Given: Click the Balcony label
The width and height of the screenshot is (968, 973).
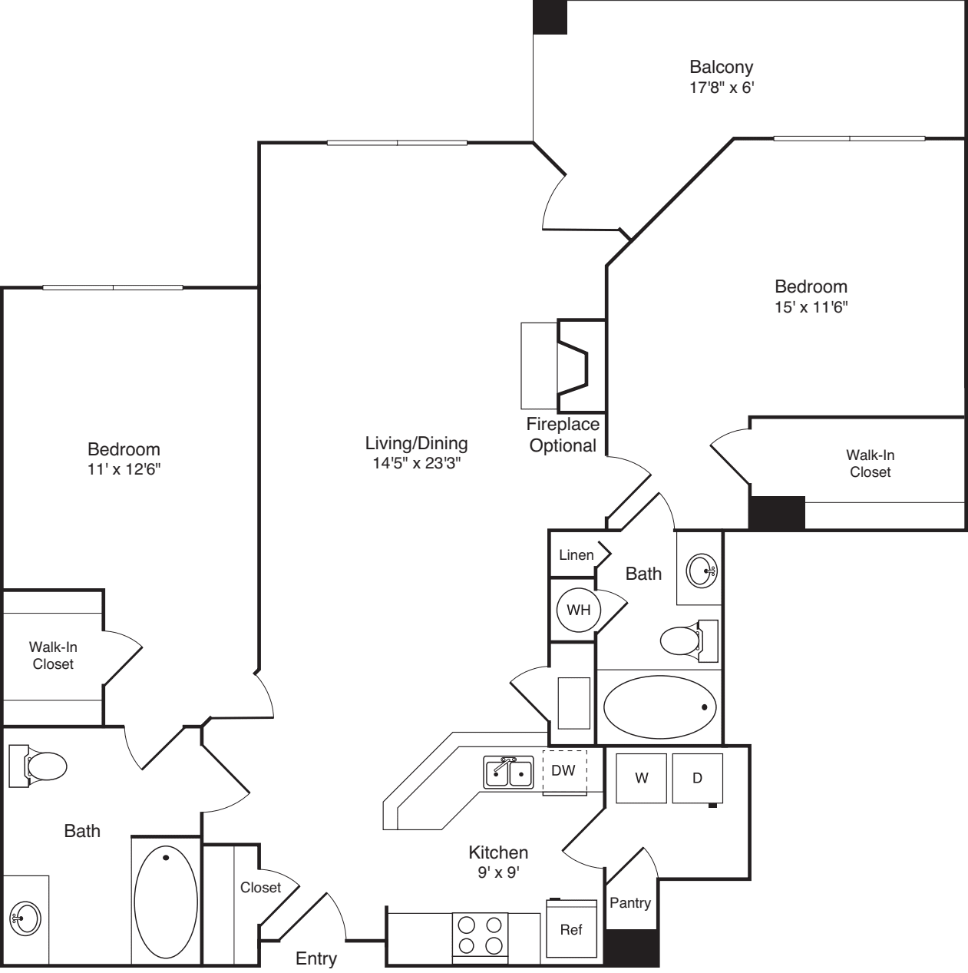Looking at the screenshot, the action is [721, 67].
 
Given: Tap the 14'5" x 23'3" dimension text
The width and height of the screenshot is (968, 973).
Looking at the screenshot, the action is [417, 463].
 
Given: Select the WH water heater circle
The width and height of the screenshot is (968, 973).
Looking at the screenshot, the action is [579, 610].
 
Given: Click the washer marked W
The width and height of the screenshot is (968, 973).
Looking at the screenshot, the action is [641, 778].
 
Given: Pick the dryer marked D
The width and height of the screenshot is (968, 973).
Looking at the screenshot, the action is [697, 778].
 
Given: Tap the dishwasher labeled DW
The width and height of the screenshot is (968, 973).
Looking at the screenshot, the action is [564, 773].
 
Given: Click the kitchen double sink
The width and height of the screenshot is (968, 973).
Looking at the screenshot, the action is [508, 772].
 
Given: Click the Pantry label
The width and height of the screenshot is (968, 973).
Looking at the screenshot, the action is [630, 902].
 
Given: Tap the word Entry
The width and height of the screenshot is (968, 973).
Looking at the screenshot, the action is [316, 958].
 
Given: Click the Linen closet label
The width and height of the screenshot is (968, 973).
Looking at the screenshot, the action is [577, 555].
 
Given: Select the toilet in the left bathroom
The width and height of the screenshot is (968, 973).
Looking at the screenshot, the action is [38, 766].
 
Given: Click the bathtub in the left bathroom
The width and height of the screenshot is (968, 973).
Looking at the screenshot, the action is [166, 902].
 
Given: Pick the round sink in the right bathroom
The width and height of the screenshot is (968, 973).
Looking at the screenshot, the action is [702, 571].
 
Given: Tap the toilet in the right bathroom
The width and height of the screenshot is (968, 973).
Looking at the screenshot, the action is [689, 640].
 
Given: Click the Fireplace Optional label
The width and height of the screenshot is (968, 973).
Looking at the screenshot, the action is [563, 435].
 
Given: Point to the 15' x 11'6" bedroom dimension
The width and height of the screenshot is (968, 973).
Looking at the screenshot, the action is [811, 307].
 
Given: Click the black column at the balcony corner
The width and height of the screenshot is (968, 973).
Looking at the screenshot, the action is [550, 17].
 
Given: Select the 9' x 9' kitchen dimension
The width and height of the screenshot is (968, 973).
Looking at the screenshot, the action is [498, 872].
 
